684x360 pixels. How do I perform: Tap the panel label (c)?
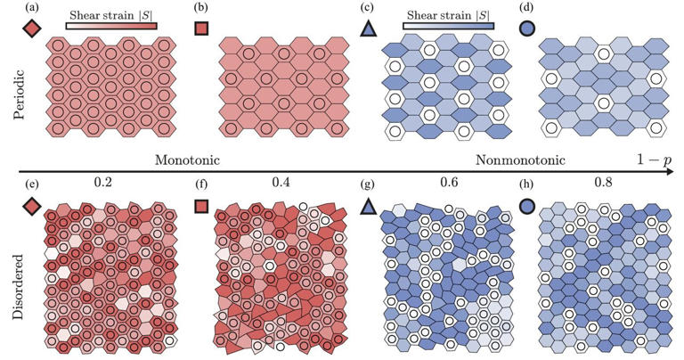367,10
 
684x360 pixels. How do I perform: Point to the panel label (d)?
529,10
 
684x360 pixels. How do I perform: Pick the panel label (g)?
367,187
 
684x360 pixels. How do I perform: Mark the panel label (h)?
529,187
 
